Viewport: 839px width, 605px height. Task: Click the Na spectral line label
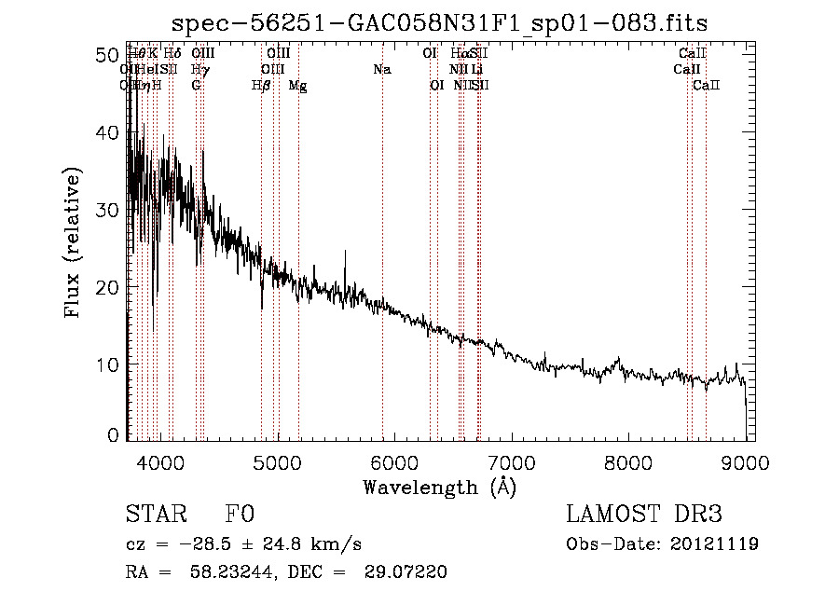tap(381, 70)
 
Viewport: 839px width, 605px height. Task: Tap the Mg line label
tap(297, 86)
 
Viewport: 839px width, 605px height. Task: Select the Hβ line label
tap(261, 86)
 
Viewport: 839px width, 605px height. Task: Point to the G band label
tap(196, 86)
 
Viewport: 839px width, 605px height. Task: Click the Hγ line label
tap(199, 70)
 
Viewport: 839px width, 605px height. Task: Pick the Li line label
tap(477, 70)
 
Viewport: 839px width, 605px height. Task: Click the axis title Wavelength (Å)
tap(439, 487)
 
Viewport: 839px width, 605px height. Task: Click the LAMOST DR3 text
tap(644, 516)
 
